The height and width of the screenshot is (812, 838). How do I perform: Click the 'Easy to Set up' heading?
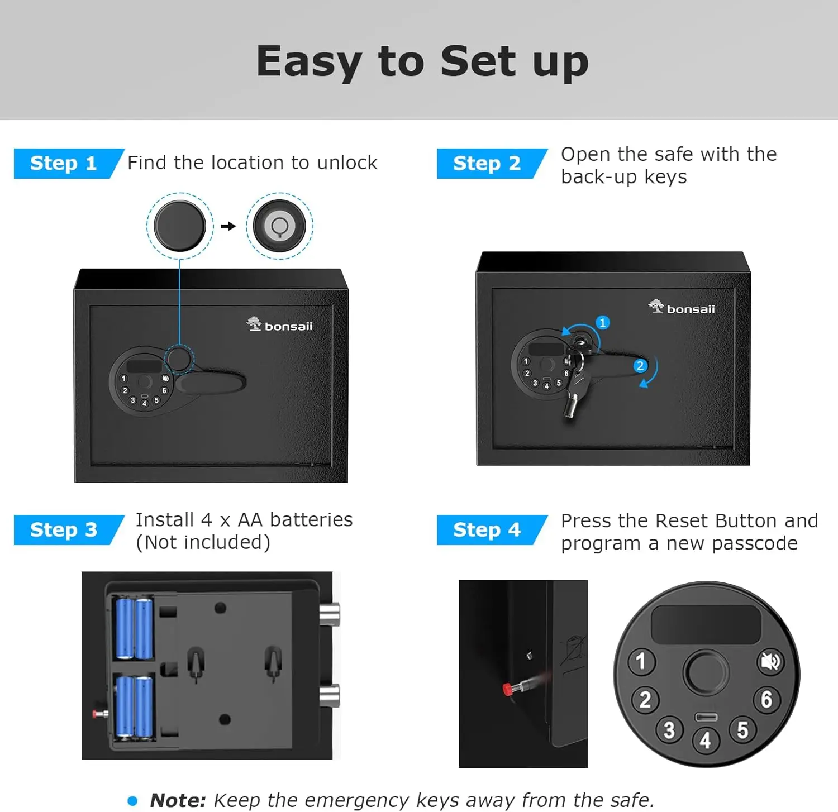coord(422,61)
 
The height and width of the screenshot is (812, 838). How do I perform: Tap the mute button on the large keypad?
coord(770,662)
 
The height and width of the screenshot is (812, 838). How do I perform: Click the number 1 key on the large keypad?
coord(641,661)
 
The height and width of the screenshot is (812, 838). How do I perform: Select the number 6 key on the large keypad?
coord(766,699)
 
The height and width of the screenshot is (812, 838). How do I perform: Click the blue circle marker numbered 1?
coord(602,323)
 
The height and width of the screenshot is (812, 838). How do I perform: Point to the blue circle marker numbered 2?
coord(640,366)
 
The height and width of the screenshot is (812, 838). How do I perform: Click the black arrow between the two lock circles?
coord(228,226)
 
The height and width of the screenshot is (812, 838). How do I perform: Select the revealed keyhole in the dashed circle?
coord(279,226)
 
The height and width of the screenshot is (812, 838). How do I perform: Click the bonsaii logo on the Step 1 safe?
coord(279,324)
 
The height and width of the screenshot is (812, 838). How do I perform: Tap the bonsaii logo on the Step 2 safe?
coord(682,307)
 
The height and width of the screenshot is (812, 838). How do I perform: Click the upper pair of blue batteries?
coord(134,628)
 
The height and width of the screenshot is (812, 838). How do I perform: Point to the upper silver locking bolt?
coord(330,614)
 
